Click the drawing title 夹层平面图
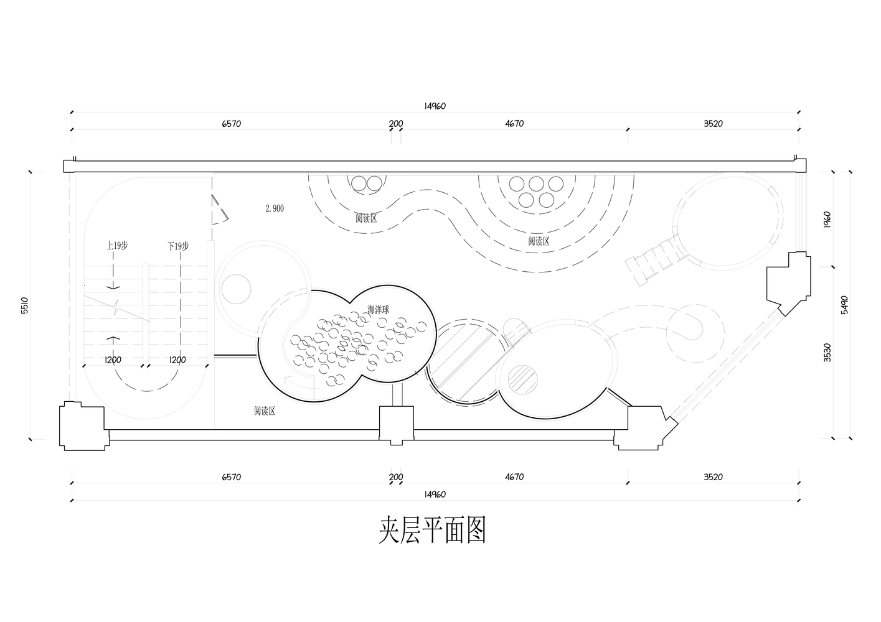click(x=433, y=530)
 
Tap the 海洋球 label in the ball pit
click(x=379, y=310)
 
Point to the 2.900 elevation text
click(x=275, y=208)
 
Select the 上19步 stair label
click(x=117, y=246)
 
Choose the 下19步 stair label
click(x=178, y=246)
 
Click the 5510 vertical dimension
click(x=24, y=305)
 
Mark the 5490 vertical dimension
click(x=844, y=305)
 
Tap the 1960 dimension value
click(x=827, y=220)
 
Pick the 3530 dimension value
click(x=827, y=353)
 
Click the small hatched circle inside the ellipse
click(x=523, y=379)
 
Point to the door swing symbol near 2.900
click(x=219, y=209)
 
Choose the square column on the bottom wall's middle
click(x=397, y=424)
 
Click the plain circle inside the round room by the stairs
click(x=236, y=289)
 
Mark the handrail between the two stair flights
click(x=146, y=312)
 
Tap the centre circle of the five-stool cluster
click(x=536, y=183)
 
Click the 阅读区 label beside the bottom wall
click(x=264, y=411)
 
